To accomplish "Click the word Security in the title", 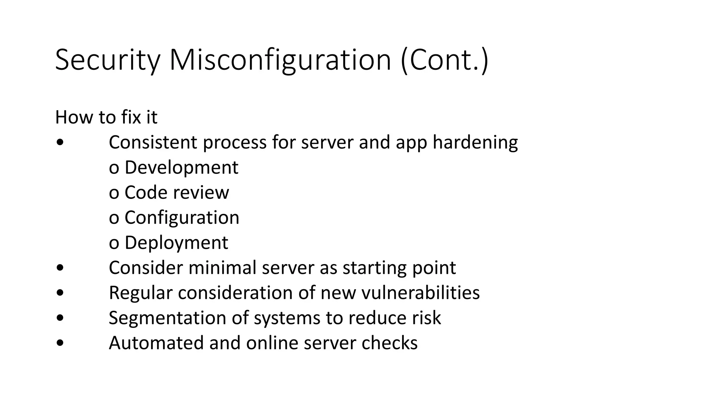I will [x=107, y=60].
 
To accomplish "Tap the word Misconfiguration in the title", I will [x=280, y=60].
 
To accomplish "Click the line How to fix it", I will [x=106, y=117].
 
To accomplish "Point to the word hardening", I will [x=475, y=143].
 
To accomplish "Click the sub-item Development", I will [x=181, y=168].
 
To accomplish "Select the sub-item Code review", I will [x=177, y=193].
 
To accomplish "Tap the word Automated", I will [x=156, y=343].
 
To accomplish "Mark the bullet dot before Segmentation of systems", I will [x=60, y=318].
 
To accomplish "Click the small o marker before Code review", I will [x=114, y=193].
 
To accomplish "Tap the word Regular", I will [x=141, y=293].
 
